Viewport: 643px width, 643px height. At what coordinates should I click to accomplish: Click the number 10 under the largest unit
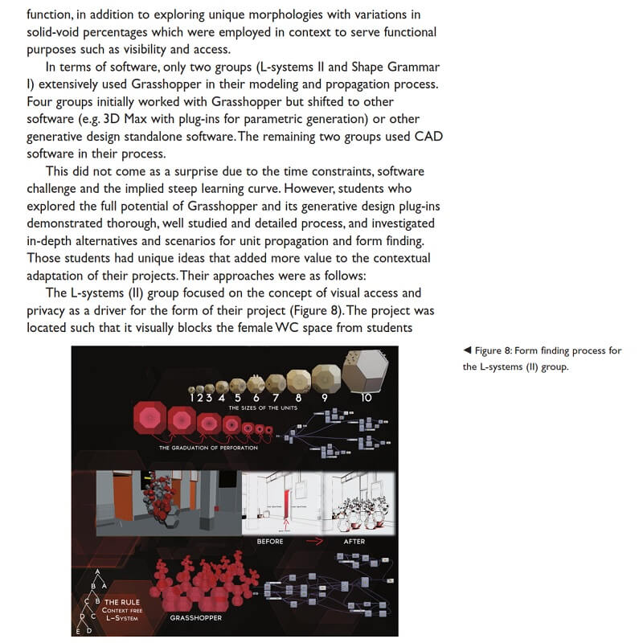click(x=367, y=396)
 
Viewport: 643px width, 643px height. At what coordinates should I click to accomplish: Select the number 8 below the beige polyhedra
click(x=298, y=396)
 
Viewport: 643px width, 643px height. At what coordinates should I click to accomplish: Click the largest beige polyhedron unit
click(x=366, y=370)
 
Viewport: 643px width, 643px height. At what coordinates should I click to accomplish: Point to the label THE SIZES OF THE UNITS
click(x=263, y=408)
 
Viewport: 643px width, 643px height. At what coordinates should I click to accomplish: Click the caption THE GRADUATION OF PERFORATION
click(x=209, y=448)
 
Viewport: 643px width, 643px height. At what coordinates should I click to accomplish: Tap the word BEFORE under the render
click(x=270, y=541)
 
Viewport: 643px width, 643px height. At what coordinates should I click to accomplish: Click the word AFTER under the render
click(x=354, y=541)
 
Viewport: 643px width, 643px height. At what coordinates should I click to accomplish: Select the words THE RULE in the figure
click(x=123, y=601)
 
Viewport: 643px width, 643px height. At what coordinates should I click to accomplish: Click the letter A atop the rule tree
click(x=98, y=572)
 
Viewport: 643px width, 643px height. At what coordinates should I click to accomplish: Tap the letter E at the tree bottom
click(x=78, y=632)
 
